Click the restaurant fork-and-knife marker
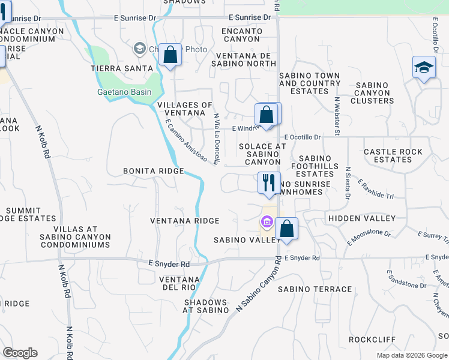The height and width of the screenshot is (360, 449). click(269, 182)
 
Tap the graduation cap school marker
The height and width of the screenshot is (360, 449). click(424, 67)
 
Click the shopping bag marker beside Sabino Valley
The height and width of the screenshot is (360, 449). click(287, 229)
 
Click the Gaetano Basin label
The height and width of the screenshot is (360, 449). click(124, 92)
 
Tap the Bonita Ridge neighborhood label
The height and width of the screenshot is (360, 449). click(153, 171)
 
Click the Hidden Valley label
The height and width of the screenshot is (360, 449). click(361, 218)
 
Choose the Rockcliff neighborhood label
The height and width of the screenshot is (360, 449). click(372, 339)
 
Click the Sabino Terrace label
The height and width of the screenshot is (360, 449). click(315, 289)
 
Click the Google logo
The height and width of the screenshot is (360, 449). click(20, 353)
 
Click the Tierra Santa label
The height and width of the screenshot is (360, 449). click(115, 68)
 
